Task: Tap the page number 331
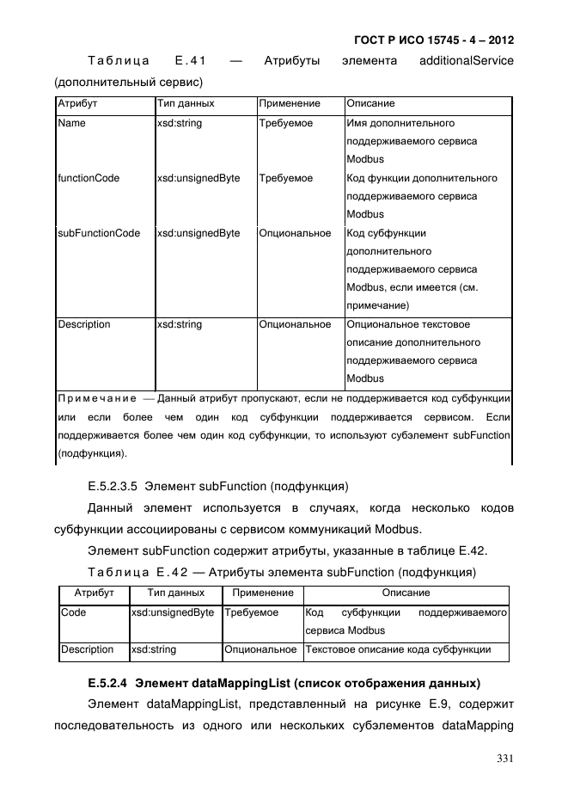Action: click(504, 758)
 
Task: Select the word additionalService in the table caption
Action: click(467, 61)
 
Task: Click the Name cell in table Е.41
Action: click(71, 124)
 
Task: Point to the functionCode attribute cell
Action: click(89, 179)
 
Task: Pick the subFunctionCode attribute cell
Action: click(99, 233)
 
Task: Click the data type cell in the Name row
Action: click(179, 124)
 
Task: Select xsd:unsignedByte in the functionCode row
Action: click(198, 179)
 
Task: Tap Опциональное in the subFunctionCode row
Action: click(295, 233)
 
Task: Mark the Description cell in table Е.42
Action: click(87, 649)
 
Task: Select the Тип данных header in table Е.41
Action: click(186, 103)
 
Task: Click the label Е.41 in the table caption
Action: click(189, 61)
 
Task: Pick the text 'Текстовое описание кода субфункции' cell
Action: click(398, 649)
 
